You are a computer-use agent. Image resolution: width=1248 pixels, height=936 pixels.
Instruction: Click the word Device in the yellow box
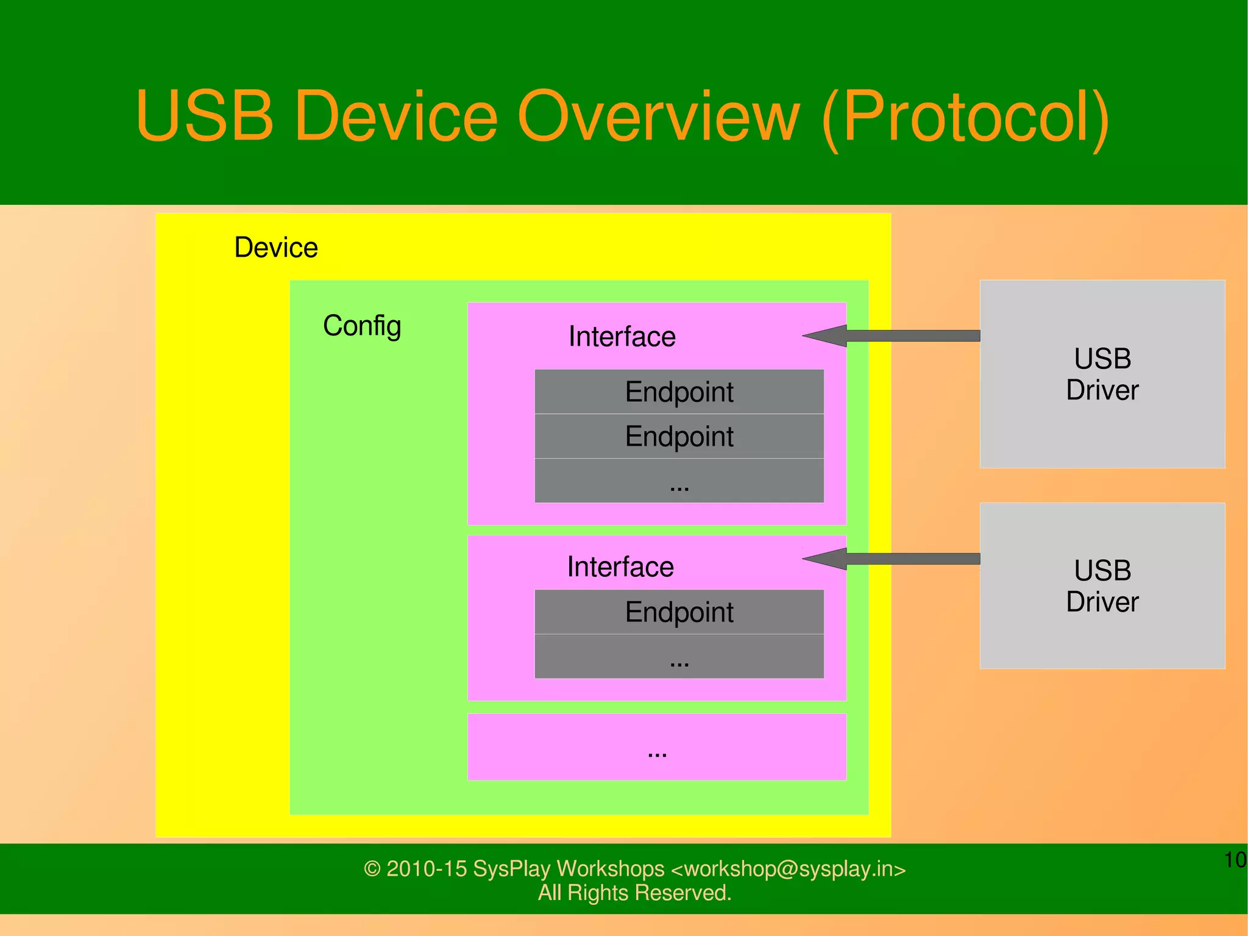(276, 248)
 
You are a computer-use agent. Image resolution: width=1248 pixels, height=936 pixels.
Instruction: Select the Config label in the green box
(362, 326)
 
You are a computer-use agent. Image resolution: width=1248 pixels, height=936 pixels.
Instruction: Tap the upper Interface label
(622, 337)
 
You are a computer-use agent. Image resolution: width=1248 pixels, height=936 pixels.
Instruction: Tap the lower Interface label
(620, 567)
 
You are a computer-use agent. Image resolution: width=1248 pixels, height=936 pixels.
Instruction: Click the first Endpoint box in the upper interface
(679, 391)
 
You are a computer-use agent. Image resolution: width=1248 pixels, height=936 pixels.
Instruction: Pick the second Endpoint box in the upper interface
(679, 437)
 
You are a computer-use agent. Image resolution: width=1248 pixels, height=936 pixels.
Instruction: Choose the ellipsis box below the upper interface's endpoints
(679, 481)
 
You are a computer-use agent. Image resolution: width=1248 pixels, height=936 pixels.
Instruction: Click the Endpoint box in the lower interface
(679, 612)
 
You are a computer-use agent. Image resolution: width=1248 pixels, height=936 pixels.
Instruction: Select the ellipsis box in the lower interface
(679, 657)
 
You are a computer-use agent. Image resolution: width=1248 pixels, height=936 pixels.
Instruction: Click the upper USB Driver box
(1102, 374)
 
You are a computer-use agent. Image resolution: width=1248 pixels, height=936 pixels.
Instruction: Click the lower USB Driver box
(1102, 585)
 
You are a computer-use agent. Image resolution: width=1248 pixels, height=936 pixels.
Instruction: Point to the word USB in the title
(204, 116)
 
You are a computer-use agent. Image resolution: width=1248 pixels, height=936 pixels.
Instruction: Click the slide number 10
(1235, 860)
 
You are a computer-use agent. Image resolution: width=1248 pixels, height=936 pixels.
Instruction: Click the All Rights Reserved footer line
(634, 893)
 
